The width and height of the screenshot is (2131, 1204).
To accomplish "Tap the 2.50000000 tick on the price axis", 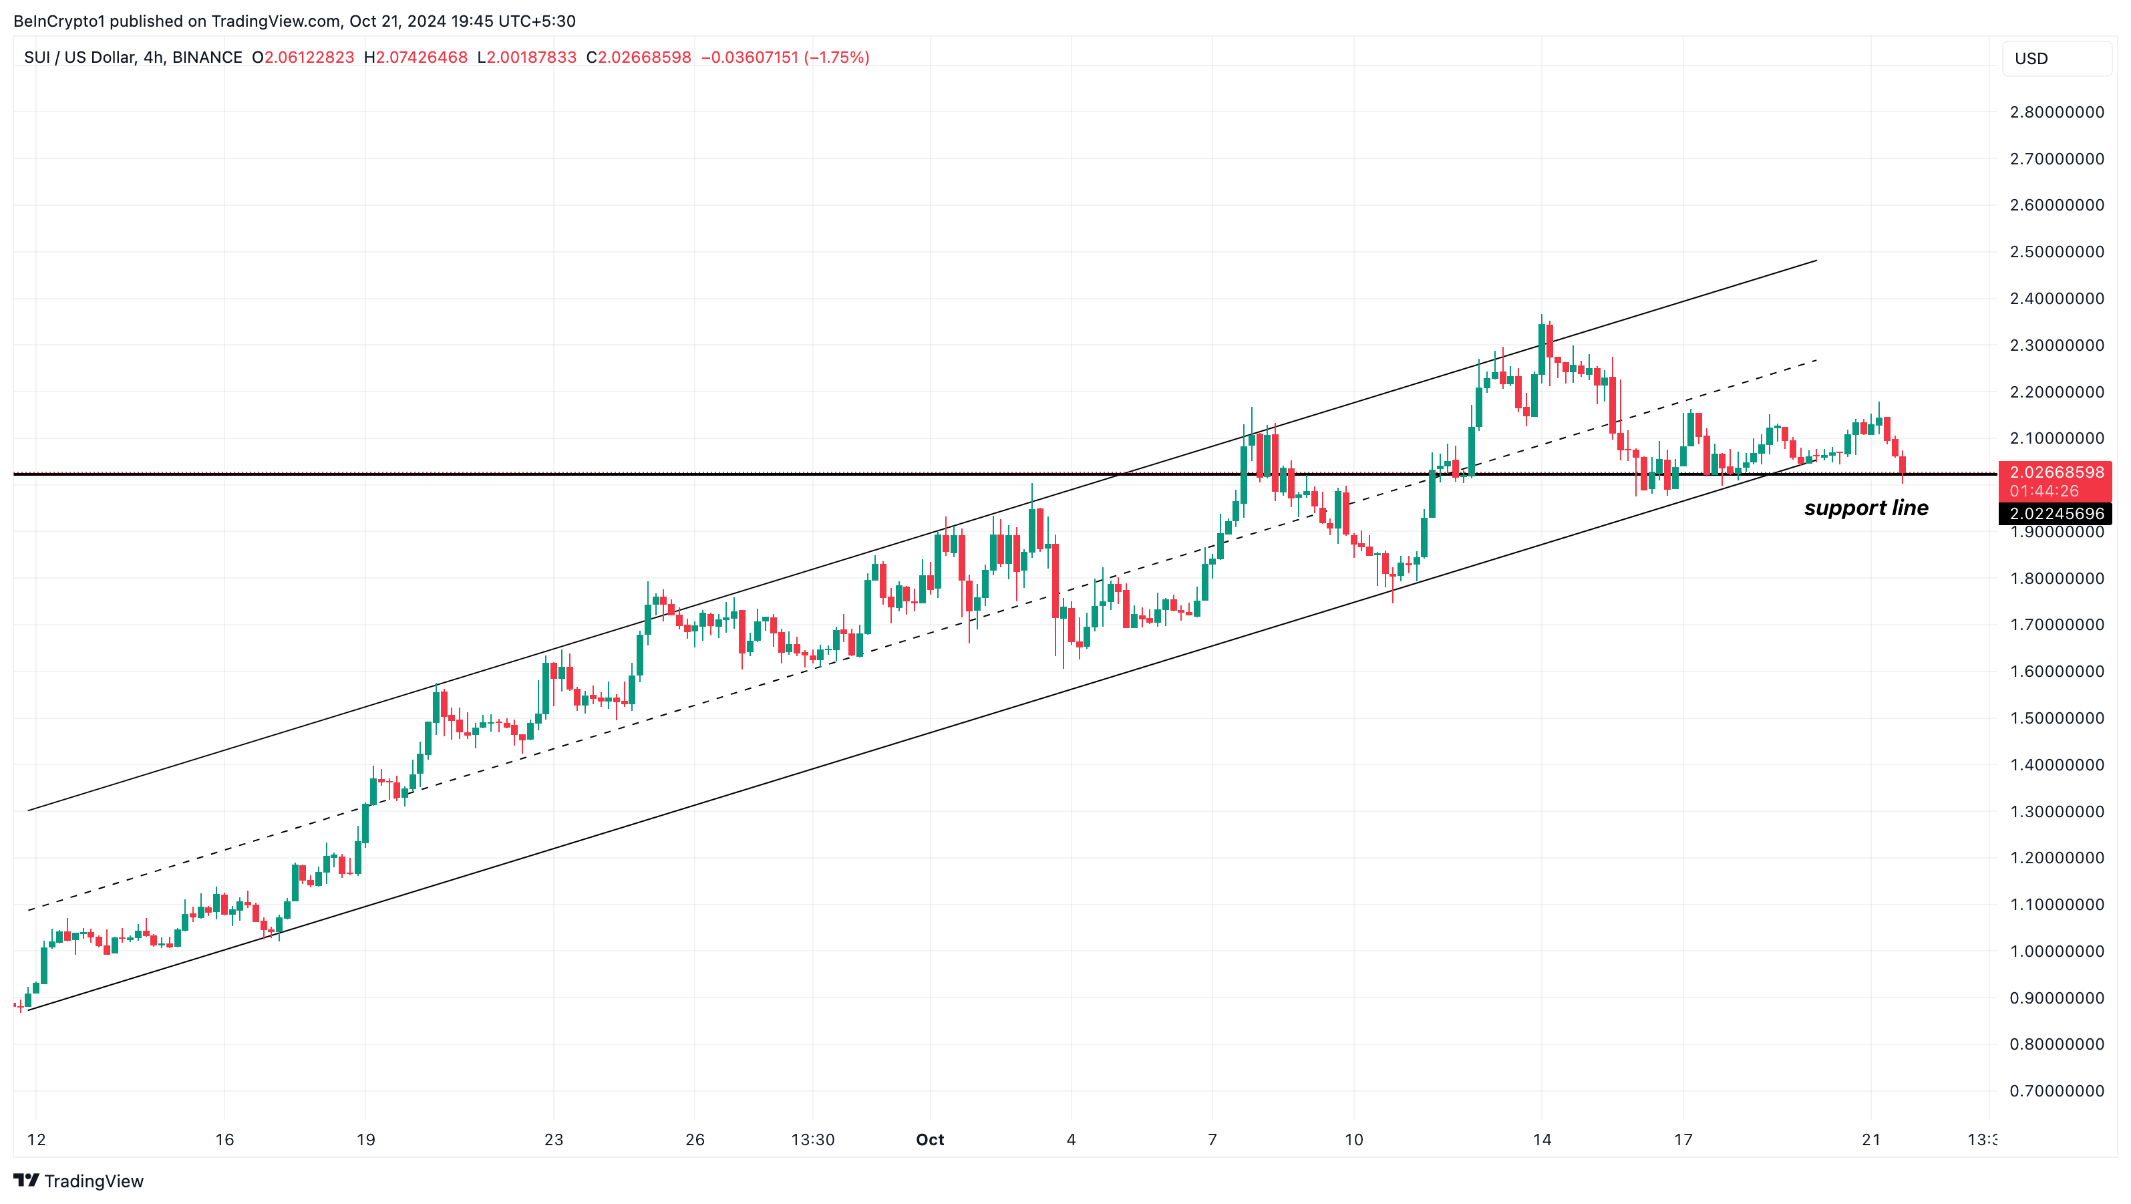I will coord(2057,252).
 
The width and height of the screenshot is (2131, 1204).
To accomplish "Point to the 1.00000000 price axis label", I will coord(2057,951).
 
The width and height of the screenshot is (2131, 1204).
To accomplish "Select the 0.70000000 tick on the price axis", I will coord(2057,1090).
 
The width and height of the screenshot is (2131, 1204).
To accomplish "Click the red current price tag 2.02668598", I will coord(2057,472).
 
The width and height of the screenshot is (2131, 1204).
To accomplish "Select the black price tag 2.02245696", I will coord(2057,514).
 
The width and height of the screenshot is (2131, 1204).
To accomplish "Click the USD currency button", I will coord(2057,59).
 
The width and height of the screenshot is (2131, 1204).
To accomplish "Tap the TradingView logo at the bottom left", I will coord(79,1181).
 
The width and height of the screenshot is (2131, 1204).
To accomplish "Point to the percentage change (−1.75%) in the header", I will coord(836,57).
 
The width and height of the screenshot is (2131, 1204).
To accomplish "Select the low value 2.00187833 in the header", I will coord(531,57).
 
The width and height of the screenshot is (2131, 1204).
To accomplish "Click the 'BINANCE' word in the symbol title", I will coord(207,57).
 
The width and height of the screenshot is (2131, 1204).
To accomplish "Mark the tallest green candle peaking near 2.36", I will coord(1541,347).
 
